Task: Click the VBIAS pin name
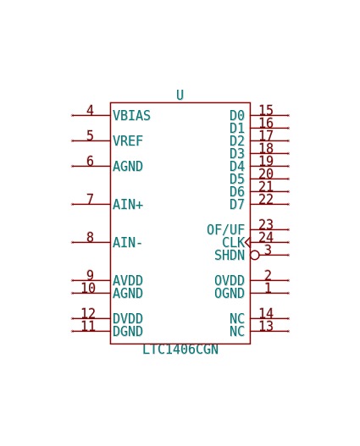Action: [x=131, y=115]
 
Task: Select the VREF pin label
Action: [x=128, y=140]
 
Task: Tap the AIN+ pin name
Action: [x=128, y=204]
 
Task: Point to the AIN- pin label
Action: [x=127, y=243]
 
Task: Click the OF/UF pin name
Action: [x=225, y=230]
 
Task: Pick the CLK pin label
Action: [x=233, y=243]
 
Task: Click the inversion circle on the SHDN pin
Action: [x=255, y=255]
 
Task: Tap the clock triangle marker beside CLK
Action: [x=247, y=243]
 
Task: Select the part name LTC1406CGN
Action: [x=180, y=350]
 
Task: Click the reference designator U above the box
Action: [x=180, y=95]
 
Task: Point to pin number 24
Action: [x=266, y=237]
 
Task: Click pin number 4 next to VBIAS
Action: [x=90, y=110]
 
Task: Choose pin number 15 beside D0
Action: [x=266, y=110]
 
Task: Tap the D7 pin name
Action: [x=237, y=204]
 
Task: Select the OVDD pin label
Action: [x=230, y=280]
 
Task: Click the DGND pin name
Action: [x=128, y=332]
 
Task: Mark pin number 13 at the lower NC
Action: [x=266, y=326]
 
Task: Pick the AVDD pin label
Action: [x=128, y=280]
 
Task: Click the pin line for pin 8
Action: [x=91, y=243]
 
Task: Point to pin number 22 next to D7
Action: [x=266, y=199]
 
